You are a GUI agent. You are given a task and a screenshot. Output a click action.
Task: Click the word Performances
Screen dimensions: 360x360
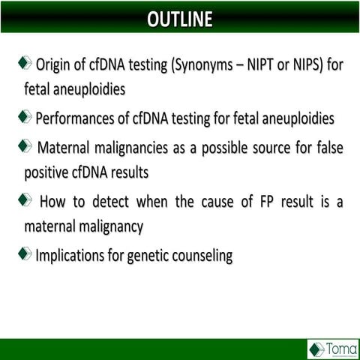coord(81,118)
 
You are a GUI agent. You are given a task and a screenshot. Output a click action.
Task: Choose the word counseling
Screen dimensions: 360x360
coord(205,255)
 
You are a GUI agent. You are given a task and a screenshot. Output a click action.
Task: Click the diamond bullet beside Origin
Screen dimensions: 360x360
coord(27,62)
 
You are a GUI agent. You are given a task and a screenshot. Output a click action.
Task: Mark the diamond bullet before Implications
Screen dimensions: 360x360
coord(27,253)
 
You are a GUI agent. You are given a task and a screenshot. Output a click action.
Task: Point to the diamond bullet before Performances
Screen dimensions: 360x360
coord(27,116)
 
